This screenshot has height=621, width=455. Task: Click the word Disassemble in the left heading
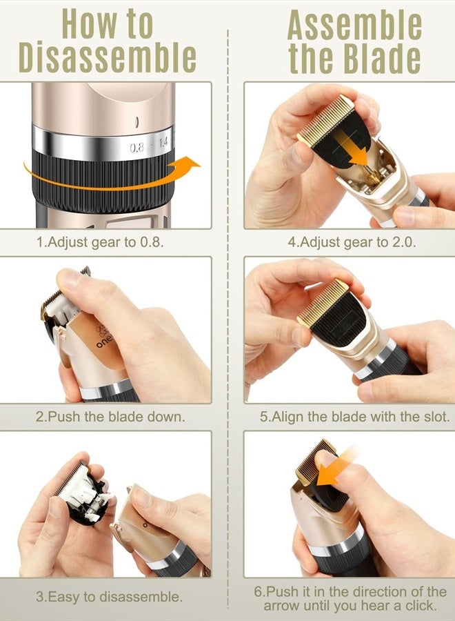coord(107,58)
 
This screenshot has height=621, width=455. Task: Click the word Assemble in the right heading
coord(354,26)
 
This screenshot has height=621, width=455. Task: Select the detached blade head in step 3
coord(86,493)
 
